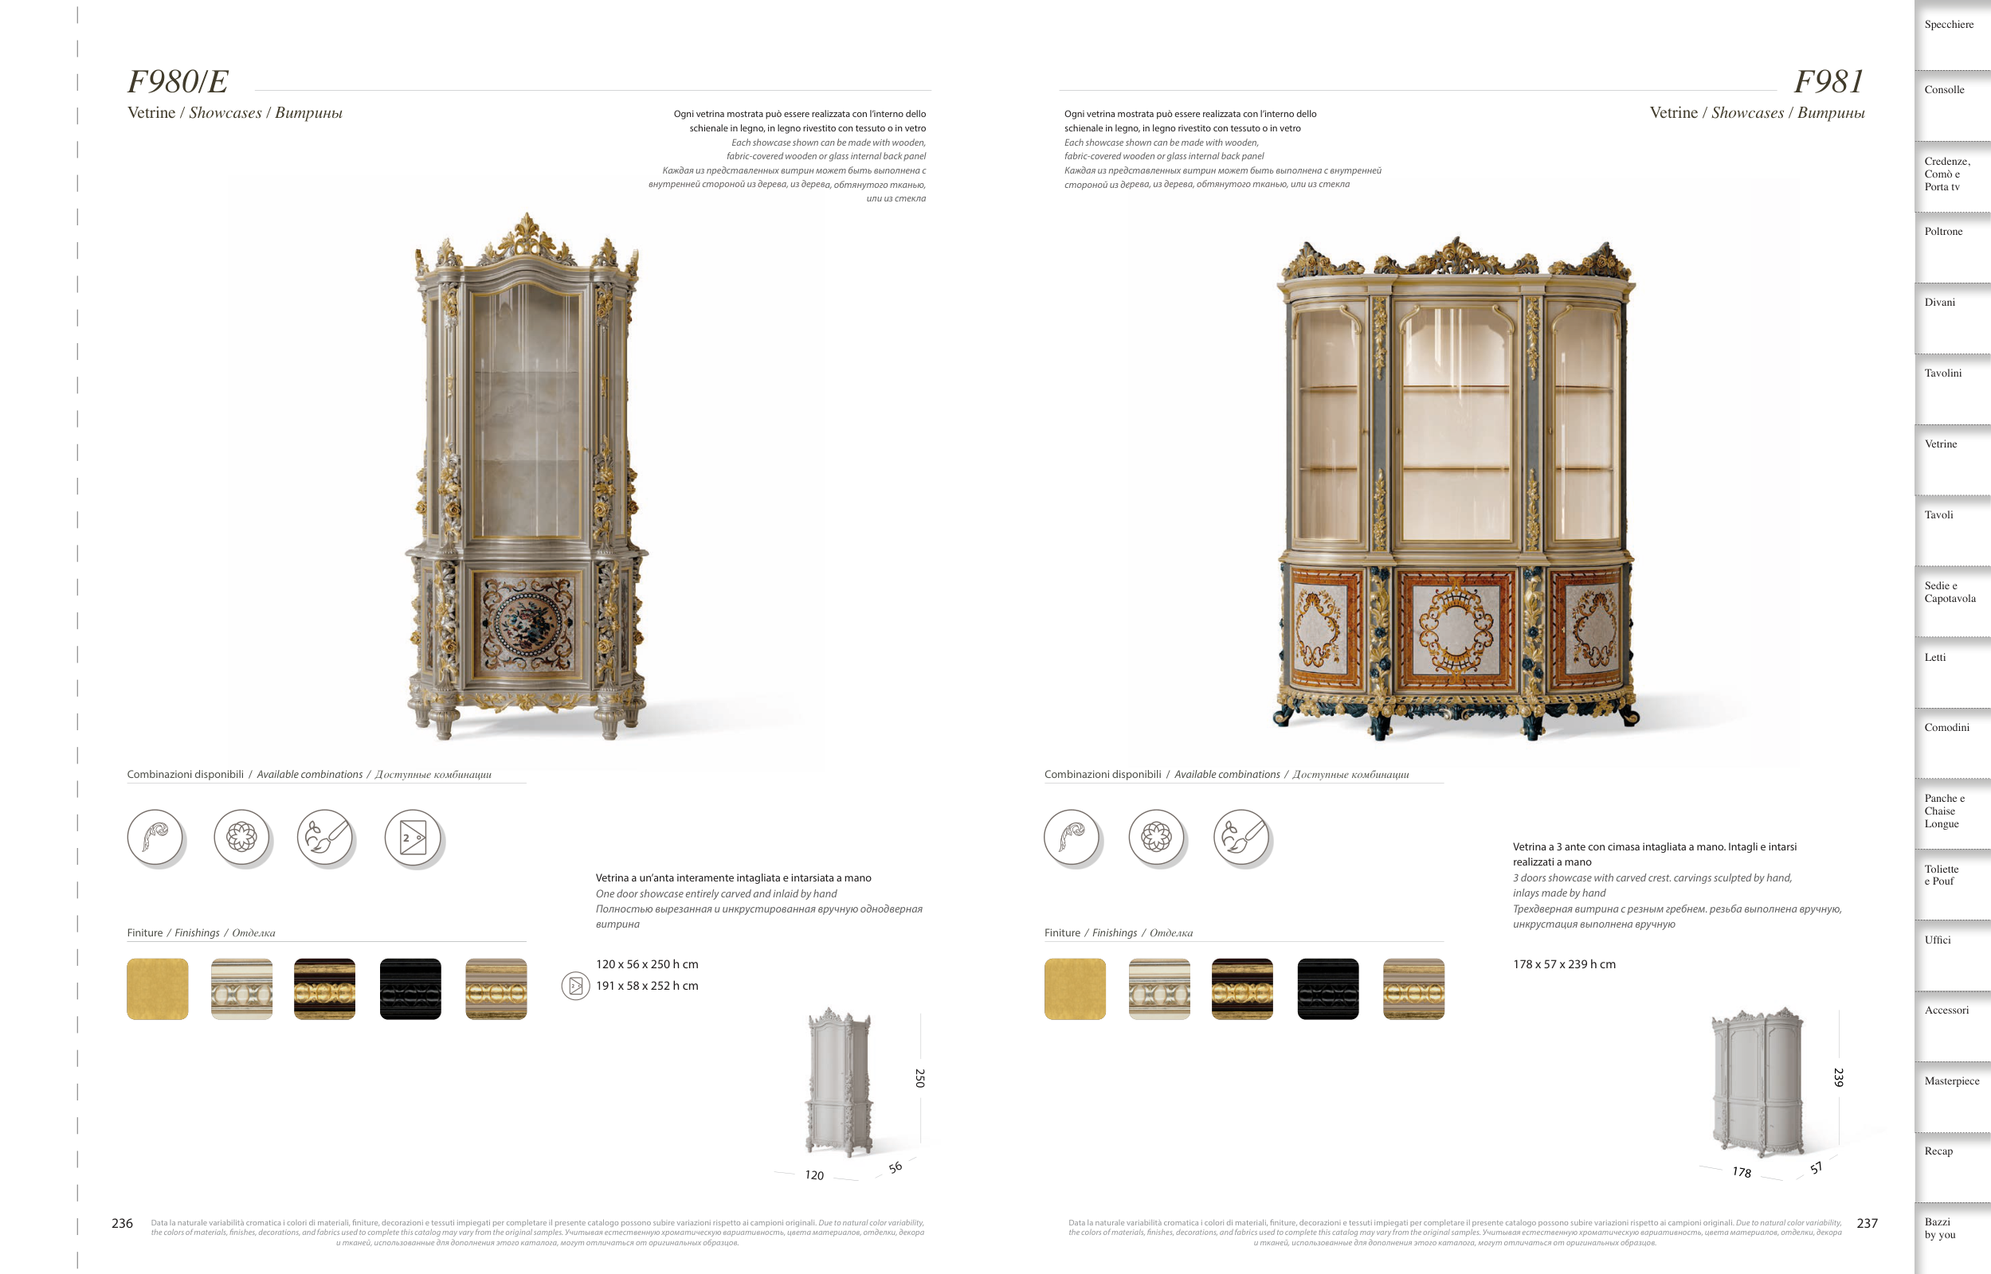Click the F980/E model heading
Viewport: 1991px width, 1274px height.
point(178,82)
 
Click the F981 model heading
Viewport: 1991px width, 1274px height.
point(1828,82)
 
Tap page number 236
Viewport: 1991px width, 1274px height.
point(123,1223)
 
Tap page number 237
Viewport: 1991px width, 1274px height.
point(1867,1223)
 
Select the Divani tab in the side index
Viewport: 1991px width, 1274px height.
point(1940,303)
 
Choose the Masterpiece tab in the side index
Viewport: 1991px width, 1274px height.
point(1951,1081)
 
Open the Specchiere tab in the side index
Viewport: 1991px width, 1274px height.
point(1949,25)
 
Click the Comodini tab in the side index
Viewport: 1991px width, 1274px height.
point(1946,728)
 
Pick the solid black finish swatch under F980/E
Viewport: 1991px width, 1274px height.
point(410,990)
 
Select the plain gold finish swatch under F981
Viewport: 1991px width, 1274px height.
point(1075,990)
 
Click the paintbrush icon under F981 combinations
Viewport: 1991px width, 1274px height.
point(1241,837)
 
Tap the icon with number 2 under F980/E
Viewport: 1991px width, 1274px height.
point(413,837)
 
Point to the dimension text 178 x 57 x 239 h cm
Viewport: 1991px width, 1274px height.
point(1564,964)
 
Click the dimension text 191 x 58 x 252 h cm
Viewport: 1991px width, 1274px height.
point(647,986)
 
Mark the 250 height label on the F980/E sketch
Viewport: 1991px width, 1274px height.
point(919,1078)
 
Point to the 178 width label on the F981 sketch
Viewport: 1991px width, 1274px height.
point(1741,1172)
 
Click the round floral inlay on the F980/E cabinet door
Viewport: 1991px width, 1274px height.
point(527,622)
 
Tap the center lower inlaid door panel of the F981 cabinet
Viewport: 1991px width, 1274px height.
point(1456,629)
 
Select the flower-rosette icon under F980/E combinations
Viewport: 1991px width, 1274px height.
point(241,837)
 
